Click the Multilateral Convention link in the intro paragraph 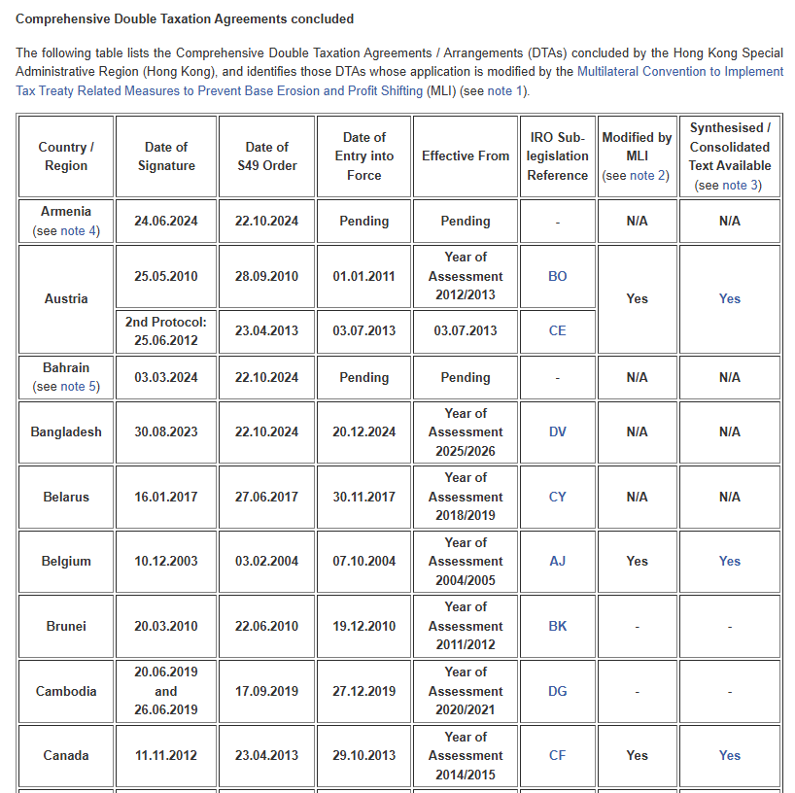[x=679, y=72]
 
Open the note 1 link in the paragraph [x=505, y=91]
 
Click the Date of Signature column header [x=166, y=156]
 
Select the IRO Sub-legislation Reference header [x=558, y=156]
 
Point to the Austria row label [x=66, y=298]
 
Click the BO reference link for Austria [x=558, y=276]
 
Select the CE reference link [x=558, y=330]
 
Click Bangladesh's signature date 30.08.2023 [x=166, y=431]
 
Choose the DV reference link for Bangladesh [x=558, y=431]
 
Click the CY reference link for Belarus [x=558, y=497]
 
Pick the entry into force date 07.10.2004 [x=364, y=561]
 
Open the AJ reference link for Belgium [x=558, y=561]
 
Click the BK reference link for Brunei [x=558, y=626]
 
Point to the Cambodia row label [x=66, y=691]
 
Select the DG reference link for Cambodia [x=558, y=691]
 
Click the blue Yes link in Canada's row [x=730, y=755]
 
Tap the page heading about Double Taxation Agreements [x=185, y=18]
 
